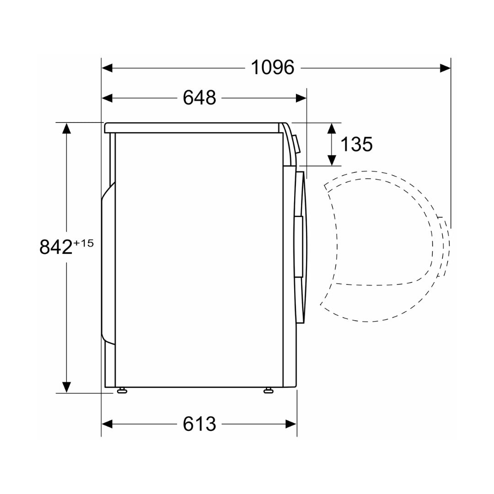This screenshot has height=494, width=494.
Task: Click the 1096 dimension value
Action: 273,67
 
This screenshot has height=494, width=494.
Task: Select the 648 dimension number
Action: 199,98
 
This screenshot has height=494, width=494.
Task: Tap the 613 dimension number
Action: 199,424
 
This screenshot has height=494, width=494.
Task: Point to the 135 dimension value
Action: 357,144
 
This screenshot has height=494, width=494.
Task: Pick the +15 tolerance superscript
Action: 84,243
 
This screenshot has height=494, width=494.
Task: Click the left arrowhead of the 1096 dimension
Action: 107,68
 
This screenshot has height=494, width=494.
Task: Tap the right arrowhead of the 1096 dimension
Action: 445,68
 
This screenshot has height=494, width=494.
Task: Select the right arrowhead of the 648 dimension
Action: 301,98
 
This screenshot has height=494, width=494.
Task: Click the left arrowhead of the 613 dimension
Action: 107,424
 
